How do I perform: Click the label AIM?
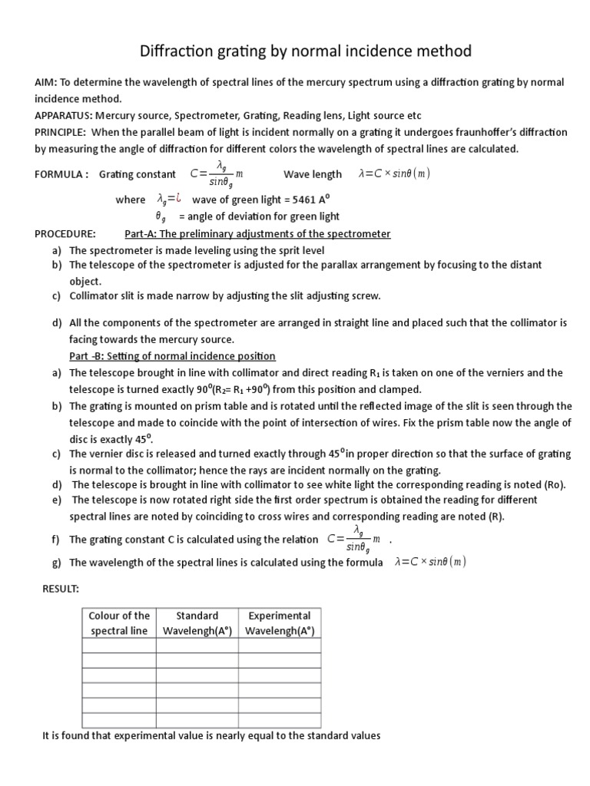[x=46, y=82]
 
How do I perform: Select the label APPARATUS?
[x=62, y=116]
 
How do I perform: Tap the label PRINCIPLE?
[x=61, y=132]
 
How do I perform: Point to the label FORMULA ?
[x=61, y=174]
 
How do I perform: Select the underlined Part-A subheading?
[x=257, y=233]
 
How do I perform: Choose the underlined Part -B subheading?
[x=172, y=356]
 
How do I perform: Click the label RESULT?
[x=61, y=589]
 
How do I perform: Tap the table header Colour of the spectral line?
[x=119, y=623]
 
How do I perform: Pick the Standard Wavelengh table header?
[x=197, y=623]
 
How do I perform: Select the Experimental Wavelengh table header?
[x=279, y=623]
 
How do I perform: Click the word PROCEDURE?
[x=65, y=233]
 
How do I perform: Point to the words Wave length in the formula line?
[x=313, y=174]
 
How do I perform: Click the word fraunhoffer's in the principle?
[x=485, y=132]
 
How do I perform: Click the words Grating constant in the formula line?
[x=138, y=174]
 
